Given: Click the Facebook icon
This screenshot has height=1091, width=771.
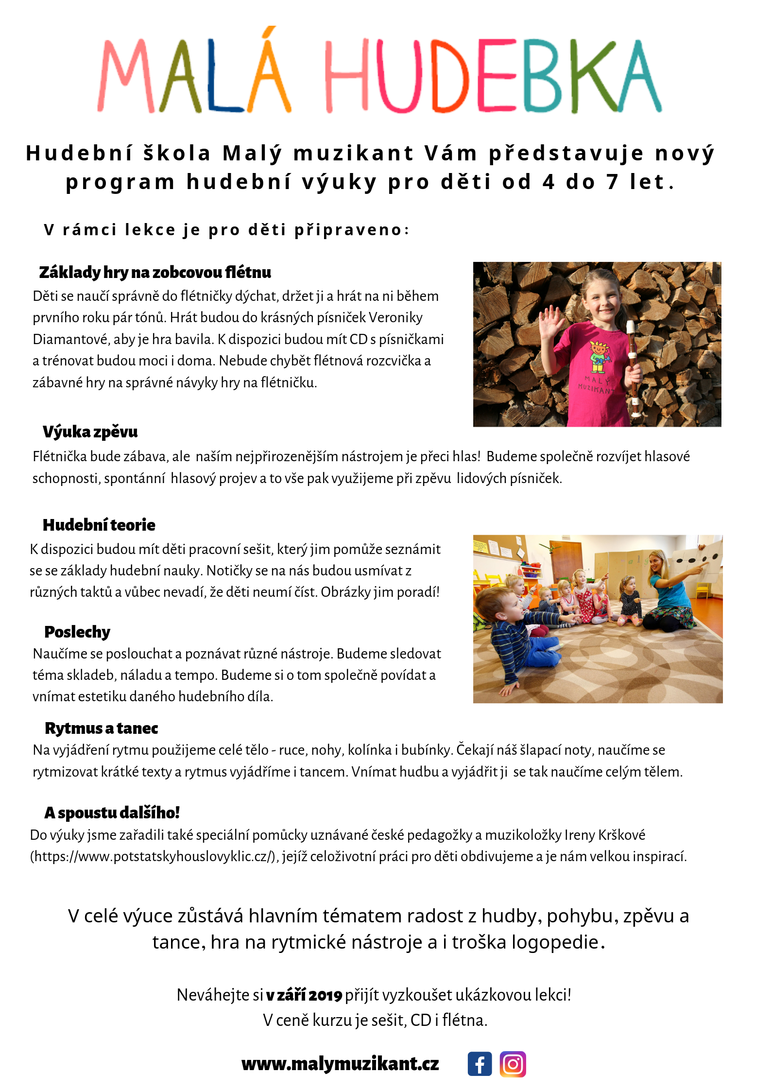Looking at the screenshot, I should click(x=480, y=1064).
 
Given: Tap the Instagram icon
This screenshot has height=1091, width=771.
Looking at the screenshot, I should click(x=513, y=1064).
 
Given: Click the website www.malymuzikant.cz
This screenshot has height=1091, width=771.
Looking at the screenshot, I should click(x=340, y=1064).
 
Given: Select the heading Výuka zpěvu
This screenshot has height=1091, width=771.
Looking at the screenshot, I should click(x=90, y=432).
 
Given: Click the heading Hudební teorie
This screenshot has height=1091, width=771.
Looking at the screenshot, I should click(x=99, y=525).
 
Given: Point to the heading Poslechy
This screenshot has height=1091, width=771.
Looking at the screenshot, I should click(x=77, y=632).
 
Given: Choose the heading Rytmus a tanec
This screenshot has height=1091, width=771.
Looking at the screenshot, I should click(x=101, y=728).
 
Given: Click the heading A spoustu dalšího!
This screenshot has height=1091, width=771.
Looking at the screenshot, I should click(x=112, y=813).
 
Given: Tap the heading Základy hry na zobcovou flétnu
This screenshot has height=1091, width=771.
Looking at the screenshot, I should click(x=155, y=272).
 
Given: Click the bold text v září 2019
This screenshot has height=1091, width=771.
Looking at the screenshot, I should click(x=304, y=995).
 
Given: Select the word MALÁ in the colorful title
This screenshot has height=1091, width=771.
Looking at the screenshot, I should click(x=194, y=73).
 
